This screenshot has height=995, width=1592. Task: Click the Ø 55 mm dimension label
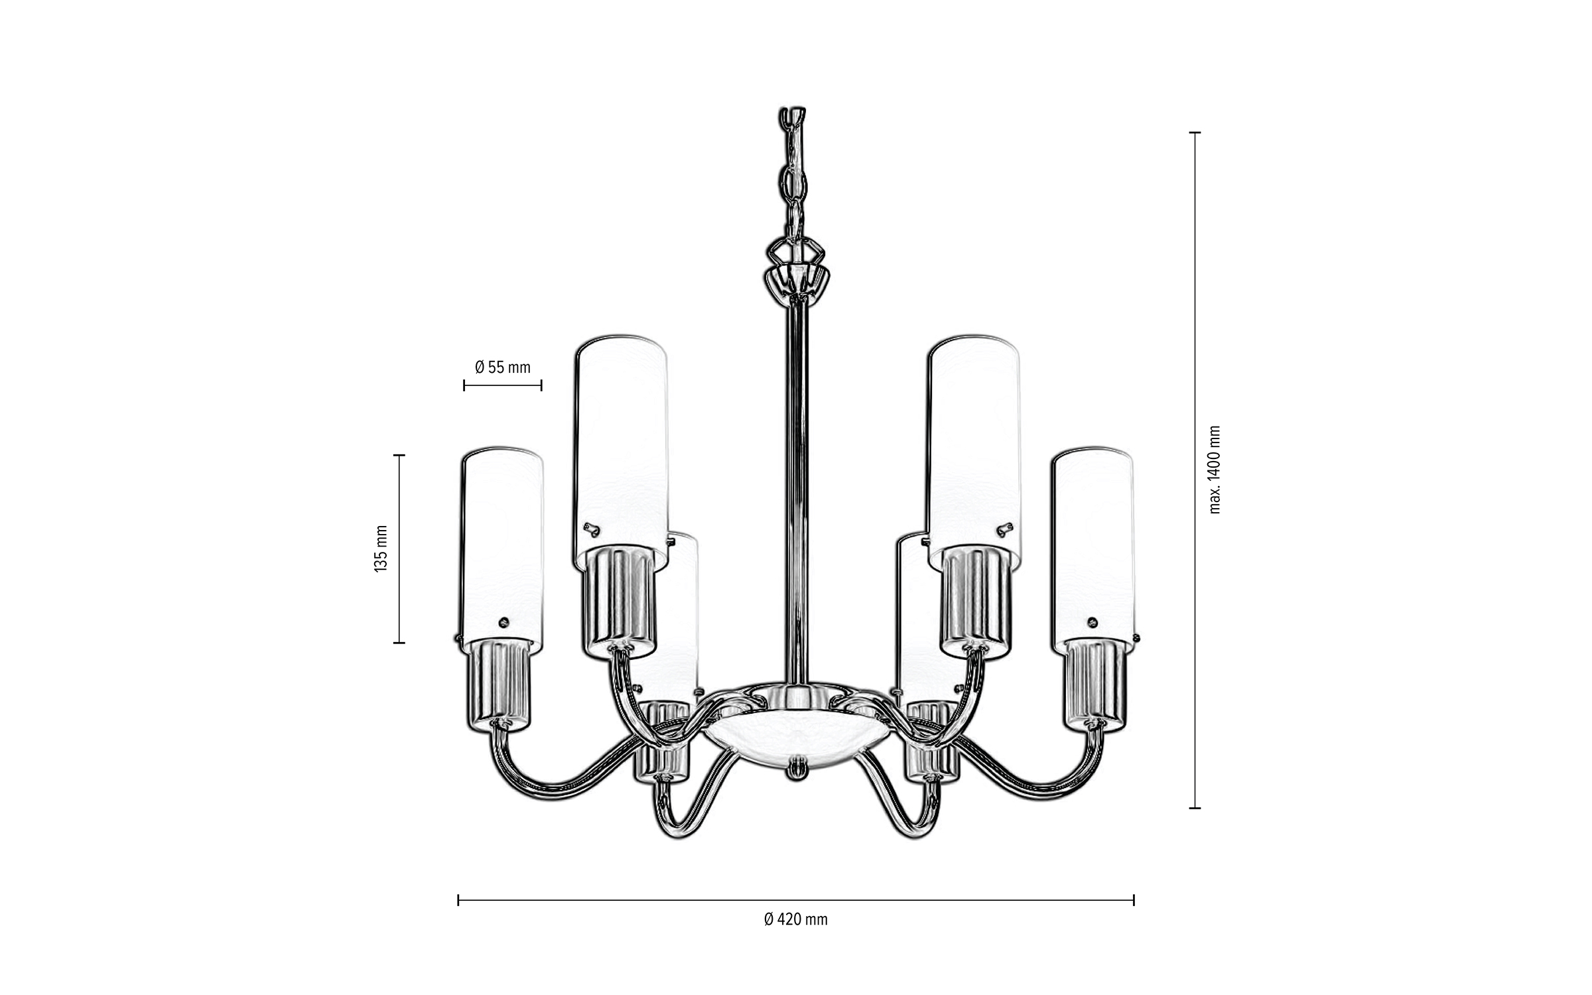(503, 367)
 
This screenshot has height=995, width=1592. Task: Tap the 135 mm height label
(381, 549)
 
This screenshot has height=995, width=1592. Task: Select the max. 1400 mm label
(1214, 470)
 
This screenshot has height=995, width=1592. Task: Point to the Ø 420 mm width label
(795, 919)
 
